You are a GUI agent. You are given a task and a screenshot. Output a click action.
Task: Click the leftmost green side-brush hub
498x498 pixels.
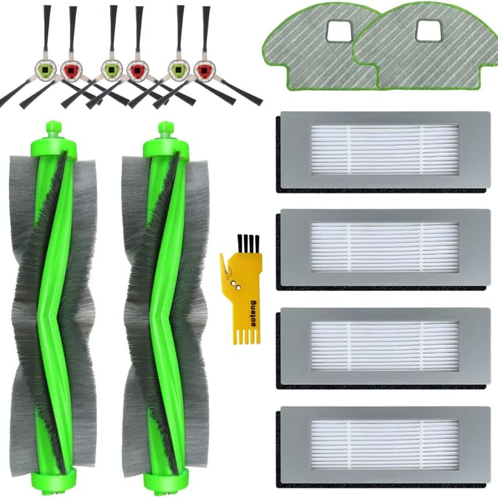pyautogui.click(x=45, y=69)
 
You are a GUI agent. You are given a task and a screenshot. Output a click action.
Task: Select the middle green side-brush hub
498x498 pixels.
pyautogui.click(x=112, y=69)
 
